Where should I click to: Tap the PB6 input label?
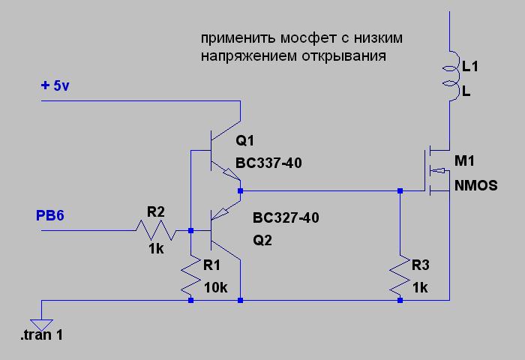tap(50, 217)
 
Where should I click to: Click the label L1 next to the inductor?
tap(470, 67)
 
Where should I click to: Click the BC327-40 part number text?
tap(286, 218)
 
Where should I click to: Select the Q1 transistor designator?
tap(245, 140)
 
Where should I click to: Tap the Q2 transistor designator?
tap(263, 241)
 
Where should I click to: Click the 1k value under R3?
tap(419, 287)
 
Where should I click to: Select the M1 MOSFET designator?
tap(465, 162)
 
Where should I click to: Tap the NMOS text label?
tap(475, 185)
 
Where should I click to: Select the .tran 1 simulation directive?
tap(41, 335)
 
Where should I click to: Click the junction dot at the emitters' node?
tap(240, 191)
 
